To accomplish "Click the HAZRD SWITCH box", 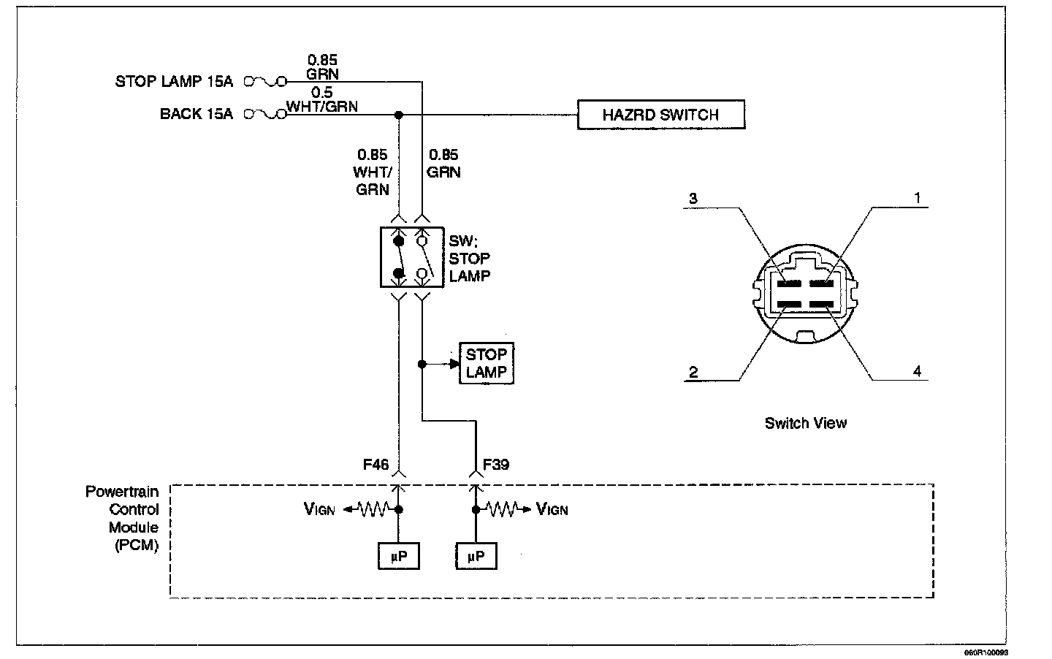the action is (x=660, y=114).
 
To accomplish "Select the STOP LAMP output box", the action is (x=486, y=363).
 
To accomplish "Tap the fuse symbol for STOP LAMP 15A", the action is (x=265, y=82).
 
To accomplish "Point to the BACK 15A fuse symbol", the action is (x=265, y=114).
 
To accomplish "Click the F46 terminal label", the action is (x=376, y=465).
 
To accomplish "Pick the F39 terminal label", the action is (x=496, y=465).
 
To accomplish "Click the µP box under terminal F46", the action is (x=399, y=556).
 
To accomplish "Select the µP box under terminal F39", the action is (x=476, y=556).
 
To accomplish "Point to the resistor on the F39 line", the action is (x=503, y=509).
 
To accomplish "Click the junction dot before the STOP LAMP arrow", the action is (x=422, y=364).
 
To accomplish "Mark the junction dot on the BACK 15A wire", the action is (x=399, y=115).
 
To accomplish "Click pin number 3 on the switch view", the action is (x=693, y=198).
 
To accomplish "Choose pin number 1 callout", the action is (x=918, y=198).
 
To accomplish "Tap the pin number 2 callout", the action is (x=694, y=372).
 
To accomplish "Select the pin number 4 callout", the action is (x=918, y=372).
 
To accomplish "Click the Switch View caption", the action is (x=805, y=423).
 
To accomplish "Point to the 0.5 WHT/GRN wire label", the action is (x=322, y=99).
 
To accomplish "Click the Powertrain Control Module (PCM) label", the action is (x=122, y=518).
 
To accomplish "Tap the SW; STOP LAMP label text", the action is (x=470, y=259).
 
